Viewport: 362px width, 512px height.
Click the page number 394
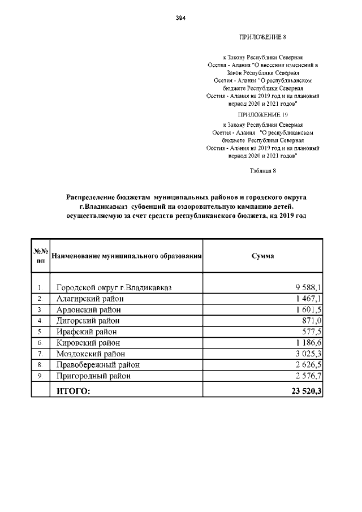181,18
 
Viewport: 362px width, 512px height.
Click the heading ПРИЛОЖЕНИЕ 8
263,37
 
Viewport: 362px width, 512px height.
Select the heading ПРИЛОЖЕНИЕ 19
263,114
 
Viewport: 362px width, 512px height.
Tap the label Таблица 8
262,170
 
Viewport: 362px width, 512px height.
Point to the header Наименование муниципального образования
127,256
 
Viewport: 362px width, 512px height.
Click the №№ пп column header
40,256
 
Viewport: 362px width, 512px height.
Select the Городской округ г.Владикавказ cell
114,288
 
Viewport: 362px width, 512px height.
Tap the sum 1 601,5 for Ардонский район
308,310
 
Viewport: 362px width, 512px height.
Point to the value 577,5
311,332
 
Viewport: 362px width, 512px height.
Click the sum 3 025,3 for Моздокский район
308,354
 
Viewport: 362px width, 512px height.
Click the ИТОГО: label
73,390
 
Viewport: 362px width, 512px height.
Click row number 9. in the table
40,376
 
